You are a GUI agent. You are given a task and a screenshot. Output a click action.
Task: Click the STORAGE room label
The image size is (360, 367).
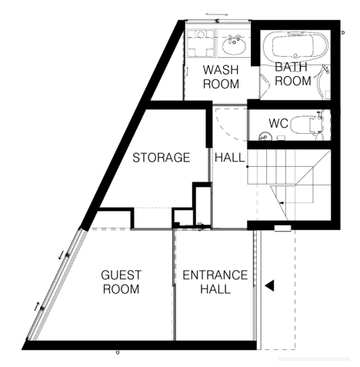pyautogui.click(x=162, y=157)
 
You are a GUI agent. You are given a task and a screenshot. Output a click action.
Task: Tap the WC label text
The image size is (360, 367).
pyautogui.click(x=278, y=123)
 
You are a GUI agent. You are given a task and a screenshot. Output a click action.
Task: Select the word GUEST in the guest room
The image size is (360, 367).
pyautogui.click(x=121, y=275)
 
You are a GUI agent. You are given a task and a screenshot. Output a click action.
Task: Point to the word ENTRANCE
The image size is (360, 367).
pyautogui.click(x=215, y=275)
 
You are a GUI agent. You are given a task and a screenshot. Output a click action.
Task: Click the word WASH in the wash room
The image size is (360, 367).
pyautogui.click(x=221, y=70)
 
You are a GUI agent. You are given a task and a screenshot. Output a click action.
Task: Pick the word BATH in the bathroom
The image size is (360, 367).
pyautogui.click(x=291, y=67)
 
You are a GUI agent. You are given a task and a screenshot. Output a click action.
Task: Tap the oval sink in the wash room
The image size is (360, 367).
pyautogui.click(x=234, y=45)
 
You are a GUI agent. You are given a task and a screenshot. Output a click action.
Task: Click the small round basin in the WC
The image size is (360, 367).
pyautogui.click(x=263, y=137)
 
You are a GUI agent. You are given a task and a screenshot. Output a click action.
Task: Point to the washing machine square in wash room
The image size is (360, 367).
pyautogui.click(x=201, y=43)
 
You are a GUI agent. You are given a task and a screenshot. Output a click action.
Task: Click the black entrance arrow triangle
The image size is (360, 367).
pyautogui.click(x=269, y=285)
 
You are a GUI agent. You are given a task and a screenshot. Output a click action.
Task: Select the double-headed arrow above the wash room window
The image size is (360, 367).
pyautogui.click(x=217, y=14)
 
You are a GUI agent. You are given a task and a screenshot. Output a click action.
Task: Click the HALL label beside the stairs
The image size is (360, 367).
pyautogui.click(x=230, y=157)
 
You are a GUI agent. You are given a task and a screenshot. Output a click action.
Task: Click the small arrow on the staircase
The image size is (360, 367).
pyautogui.click(x=282, y=203)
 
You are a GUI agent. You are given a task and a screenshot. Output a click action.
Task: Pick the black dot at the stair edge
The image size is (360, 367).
pyautogui.click(x=248, y=167)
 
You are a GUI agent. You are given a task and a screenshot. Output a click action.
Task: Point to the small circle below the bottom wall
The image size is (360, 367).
pyautogui.click(x=118, y=352)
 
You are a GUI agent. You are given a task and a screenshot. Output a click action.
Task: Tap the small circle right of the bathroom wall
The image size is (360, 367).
pyautogui.click(x=343, y=32)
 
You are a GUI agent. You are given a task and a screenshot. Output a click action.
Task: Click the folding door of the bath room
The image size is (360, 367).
pyautogui.click(x=265, y=86)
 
